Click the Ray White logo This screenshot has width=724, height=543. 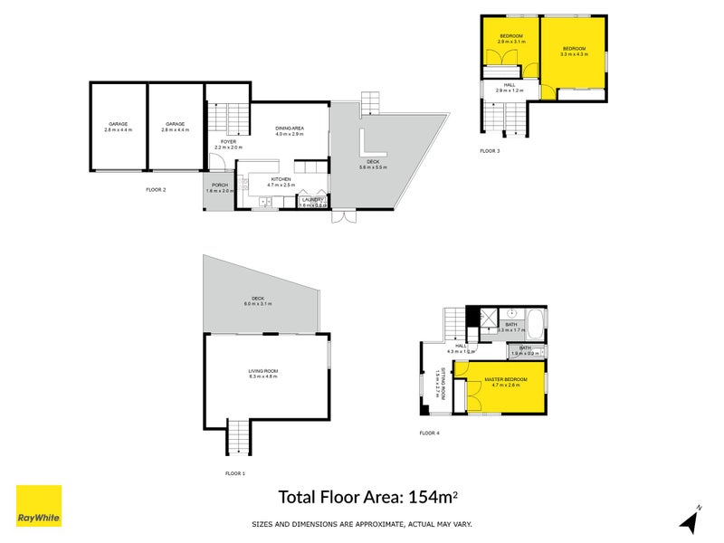click(x=39, y=506)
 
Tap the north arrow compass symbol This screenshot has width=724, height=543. click(x=690, y=520)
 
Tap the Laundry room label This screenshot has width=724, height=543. click(x=313, y=202)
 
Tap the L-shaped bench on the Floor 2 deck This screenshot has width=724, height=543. click(x=372, y=145)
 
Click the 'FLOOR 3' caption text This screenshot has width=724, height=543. click(x=490, y=151)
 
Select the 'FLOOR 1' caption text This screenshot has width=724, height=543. click(x=235, y=473)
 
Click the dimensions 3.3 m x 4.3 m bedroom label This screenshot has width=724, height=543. click(x=574, y=51)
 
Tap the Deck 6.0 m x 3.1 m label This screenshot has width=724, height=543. click(x=258, y=301)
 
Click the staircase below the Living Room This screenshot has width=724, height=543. click(x=236, y=439)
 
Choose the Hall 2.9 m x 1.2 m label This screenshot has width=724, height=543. click(x=510, y=88)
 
